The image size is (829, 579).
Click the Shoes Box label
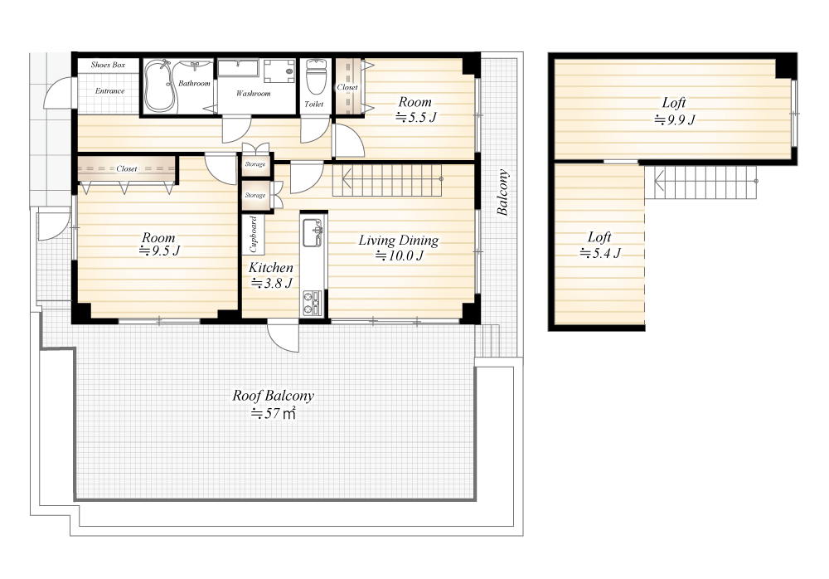pos(108,65)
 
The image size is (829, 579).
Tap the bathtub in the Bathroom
pos(160,86)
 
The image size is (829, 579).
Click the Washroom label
pos(253,94)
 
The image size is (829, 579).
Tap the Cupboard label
pos(253,234)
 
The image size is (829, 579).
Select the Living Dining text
pos(399,241)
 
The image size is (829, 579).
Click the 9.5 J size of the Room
pos(159,251)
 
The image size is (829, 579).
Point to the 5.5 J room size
pos(416,118)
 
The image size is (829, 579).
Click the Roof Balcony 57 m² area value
pos(273,413)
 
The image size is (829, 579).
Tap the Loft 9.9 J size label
pos(675,119)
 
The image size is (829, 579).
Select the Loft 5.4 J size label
pos(600,254)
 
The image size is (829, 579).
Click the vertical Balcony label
pos(503,192)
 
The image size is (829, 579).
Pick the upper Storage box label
pos(255,164)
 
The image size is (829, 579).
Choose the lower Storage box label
pos(255,195)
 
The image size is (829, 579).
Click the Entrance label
pos(110,91)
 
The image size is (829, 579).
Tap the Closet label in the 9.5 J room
pos(126,169)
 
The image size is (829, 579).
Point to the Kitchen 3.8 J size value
pos(272,284)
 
